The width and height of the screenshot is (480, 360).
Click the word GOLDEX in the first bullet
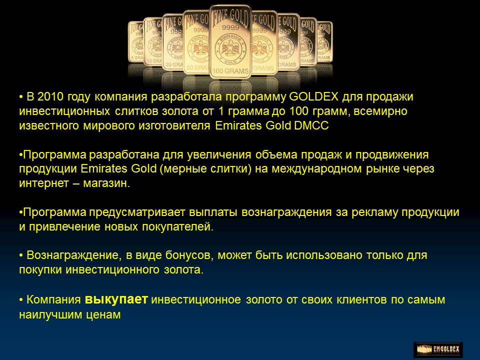coord(313,96)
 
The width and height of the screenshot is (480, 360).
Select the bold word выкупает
coord(116,299)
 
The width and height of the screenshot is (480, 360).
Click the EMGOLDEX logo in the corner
coord(438,349)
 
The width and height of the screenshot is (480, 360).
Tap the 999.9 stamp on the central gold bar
coord(230,27)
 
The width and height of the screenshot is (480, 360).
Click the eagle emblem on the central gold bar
coord(230,48)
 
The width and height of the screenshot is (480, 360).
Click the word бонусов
coord(189,255)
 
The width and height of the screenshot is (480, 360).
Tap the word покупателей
coord(177,227)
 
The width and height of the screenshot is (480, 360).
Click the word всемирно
coord(380,111)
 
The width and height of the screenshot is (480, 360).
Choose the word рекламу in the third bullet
coord(374,212)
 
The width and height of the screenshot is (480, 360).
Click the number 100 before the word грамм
coord(299,111)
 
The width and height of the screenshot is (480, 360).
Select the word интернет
coord(39,183)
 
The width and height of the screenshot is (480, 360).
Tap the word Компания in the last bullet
coord(53,300)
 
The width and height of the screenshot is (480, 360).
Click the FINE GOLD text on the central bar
coord(230,16)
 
